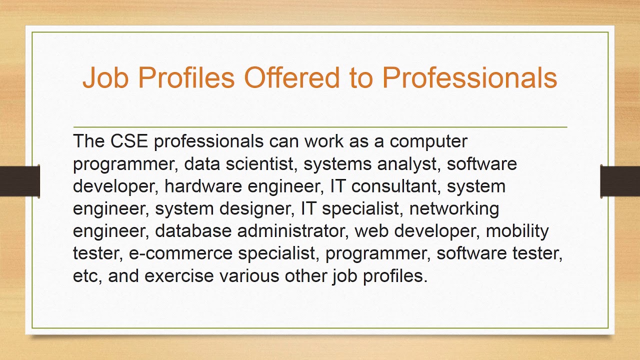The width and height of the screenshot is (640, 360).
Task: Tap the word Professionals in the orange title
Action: click(x=469, y=78)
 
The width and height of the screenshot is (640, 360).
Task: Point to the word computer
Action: click(x=428, y=141)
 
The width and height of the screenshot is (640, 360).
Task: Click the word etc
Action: click(x=86, y=276)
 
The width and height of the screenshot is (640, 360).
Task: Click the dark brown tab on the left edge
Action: click(x=19, y=181)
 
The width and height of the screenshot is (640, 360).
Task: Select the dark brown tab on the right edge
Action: click(x=620, y=181)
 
